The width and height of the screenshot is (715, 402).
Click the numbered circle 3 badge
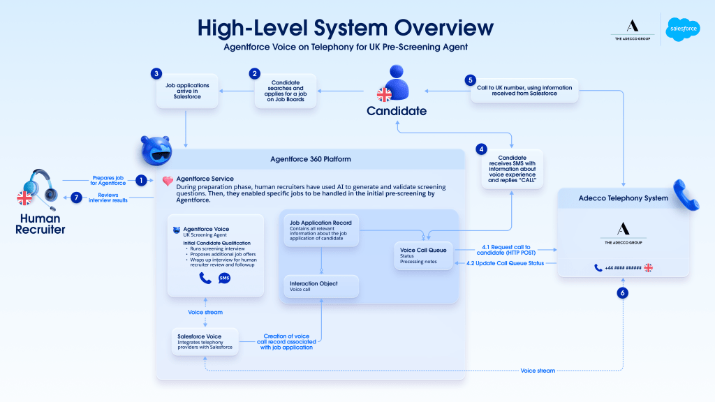click(x=157, y=73)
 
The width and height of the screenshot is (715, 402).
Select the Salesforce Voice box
click(x=205, y=341)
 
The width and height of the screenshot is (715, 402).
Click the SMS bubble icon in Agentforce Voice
click(x=224, y=278)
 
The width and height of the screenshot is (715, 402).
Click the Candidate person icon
click(x=397, y=83)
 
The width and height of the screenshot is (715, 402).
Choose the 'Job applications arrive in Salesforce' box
click(x=186, y=91)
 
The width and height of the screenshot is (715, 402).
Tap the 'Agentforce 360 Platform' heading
click(x=310, y=159)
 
